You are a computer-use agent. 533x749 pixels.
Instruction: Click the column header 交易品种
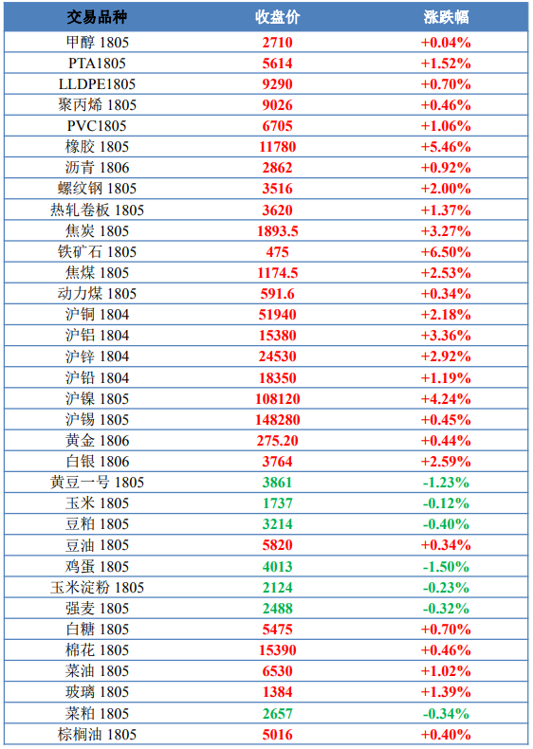(97, 17)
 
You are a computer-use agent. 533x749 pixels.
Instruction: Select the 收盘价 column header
(277, 17)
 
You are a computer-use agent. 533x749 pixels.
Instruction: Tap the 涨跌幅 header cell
(446, 17)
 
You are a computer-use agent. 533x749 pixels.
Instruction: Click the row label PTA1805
(97, 64)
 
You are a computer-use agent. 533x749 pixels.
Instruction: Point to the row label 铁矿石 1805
(97, 252)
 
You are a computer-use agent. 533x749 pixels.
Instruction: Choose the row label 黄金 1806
(97, 441)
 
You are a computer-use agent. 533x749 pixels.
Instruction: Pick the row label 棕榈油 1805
(97, 734)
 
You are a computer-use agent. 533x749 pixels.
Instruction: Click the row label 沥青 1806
(97, 168)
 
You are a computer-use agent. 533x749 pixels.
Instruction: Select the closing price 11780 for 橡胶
(277, 147)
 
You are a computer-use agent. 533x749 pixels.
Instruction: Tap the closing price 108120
(277, 399)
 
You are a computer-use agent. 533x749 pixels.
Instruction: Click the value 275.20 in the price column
(277, 441)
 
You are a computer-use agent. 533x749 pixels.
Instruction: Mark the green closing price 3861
(277, 483)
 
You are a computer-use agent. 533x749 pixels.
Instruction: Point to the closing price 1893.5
(277, 231)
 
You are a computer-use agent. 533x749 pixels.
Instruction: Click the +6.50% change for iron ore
(446, 252)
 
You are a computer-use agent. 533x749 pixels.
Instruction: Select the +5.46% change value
(446, 147)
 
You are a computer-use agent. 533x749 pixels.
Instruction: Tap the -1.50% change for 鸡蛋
(446, 567)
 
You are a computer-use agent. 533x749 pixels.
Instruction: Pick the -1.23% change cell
(446, 483)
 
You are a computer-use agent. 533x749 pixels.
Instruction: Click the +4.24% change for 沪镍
(446, 399)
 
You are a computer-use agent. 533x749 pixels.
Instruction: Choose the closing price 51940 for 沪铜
(277, 315)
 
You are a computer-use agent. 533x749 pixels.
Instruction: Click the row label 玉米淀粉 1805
(97, 588)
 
